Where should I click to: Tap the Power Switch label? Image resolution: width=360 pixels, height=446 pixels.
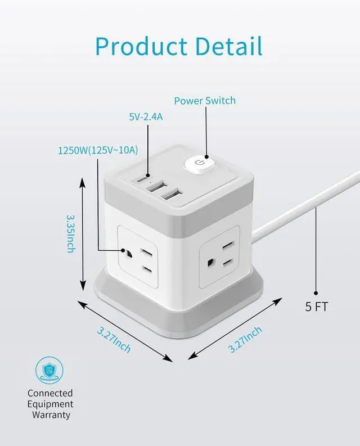tap(204, 101)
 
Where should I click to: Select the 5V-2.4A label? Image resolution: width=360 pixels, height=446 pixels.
tap(147, 117)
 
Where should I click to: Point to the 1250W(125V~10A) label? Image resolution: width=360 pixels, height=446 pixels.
tap(98, 150)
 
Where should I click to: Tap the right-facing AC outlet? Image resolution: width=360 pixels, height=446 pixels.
tap(220, 252)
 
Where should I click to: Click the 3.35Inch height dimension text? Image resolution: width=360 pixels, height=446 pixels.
tap(71, 232)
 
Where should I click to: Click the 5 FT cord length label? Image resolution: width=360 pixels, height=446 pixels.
tap(316, 307)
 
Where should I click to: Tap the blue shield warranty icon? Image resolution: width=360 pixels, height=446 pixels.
tap(50, 370)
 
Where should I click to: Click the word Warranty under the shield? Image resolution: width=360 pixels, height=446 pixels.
tap(51, 415)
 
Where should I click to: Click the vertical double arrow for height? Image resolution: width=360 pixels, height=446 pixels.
tap(83, 232)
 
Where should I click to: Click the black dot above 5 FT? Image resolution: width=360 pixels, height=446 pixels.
tap(316, 292)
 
